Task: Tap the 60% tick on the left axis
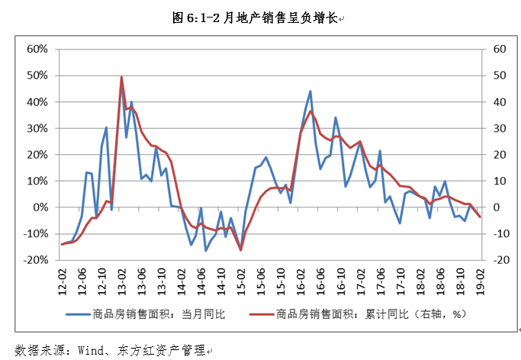point(37,50)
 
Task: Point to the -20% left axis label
point(36,260)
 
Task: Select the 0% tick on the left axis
point(40,207)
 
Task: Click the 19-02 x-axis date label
point(480,277)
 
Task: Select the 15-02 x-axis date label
point(241,277)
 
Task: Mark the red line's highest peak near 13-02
point(122,77)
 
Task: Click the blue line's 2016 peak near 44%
point(310,92)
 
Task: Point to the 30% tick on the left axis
point(37,128)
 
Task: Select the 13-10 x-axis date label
point(162,277)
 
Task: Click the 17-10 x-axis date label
point(400,277)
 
